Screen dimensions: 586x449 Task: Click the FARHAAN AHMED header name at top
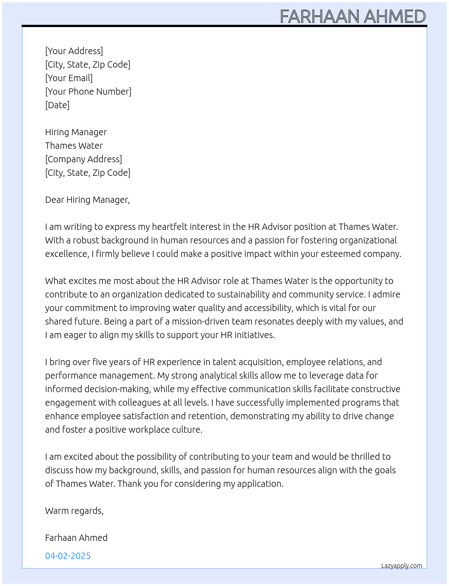(353, 16)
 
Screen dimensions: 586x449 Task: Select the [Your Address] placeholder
(74, 51)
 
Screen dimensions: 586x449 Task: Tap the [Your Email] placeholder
(69, 78)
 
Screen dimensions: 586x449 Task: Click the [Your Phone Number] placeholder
(88, 92)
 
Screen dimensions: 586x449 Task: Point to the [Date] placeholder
(57, 105)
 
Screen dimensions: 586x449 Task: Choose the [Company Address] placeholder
(83, 159)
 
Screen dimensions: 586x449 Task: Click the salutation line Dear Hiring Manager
(87, 200)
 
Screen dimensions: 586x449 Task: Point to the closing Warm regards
(74, 511)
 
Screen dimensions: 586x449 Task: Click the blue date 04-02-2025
(68, 556)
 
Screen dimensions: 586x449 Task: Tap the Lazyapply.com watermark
(402, 566)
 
